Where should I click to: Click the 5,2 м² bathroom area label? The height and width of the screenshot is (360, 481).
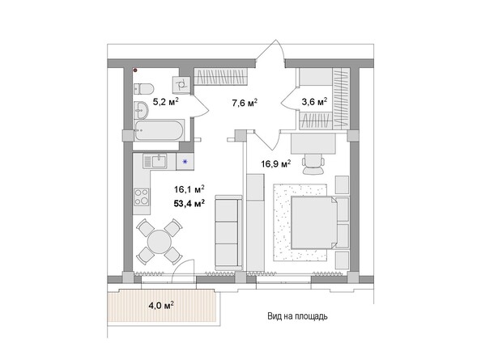point(165,102)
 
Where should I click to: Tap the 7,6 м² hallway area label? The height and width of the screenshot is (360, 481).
point(244,102)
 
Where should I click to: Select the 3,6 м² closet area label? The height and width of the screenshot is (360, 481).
point(314,102)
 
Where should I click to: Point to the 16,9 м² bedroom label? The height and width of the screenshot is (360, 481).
point(275,163)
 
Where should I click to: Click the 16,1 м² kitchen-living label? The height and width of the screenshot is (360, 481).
point(189,190)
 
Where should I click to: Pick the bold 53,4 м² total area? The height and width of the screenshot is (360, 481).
point(189,203)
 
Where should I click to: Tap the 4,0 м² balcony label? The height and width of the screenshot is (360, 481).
point(160,305)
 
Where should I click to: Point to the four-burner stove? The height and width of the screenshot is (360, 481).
point(141,196)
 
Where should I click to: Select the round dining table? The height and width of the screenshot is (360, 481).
point(159,241)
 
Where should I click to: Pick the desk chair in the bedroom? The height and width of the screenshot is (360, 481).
point(312,167)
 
